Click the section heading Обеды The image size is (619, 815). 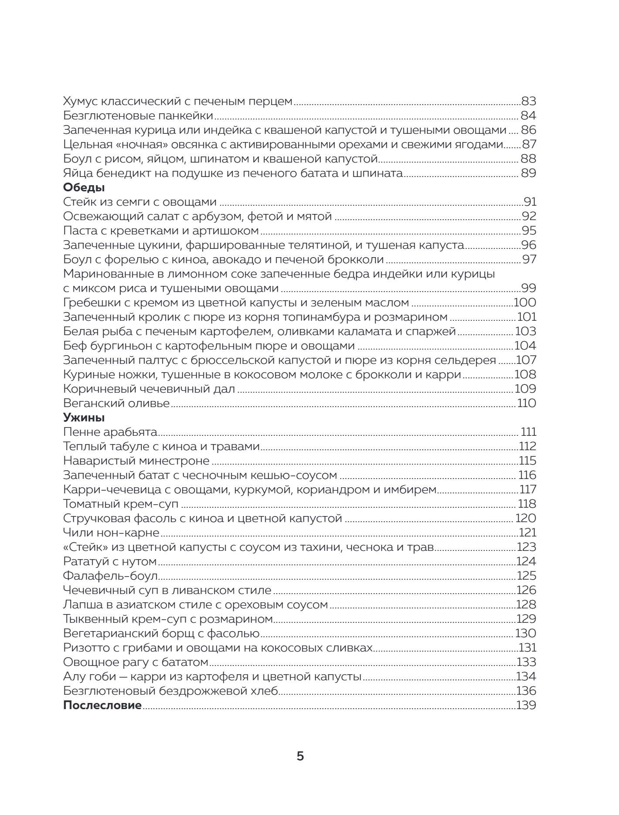(x=84, y=188)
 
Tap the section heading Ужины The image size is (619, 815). (x=84, y=418)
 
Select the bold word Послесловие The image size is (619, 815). (x=102, y=706)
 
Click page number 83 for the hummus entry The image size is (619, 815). (x=528, y=102)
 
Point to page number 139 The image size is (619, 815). (x=526, y=706)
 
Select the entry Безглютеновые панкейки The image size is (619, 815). (x=138, y=116)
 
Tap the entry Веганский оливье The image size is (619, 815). (x=116, y=404)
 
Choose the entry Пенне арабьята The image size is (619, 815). (x=110, y=432)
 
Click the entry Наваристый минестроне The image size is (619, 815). (x=136, y=461)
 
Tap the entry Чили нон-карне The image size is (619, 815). (x=111, y=533)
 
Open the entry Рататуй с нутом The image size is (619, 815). (x=110, y=562)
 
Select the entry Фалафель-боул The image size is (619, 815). (x=110, y=576)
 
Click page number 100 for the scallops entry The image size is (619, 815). (x=525, y=303)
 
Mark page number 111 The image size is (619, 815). (x=528, y=432)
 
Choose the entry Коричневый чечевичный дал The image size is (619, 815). (x=149, y=389)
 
